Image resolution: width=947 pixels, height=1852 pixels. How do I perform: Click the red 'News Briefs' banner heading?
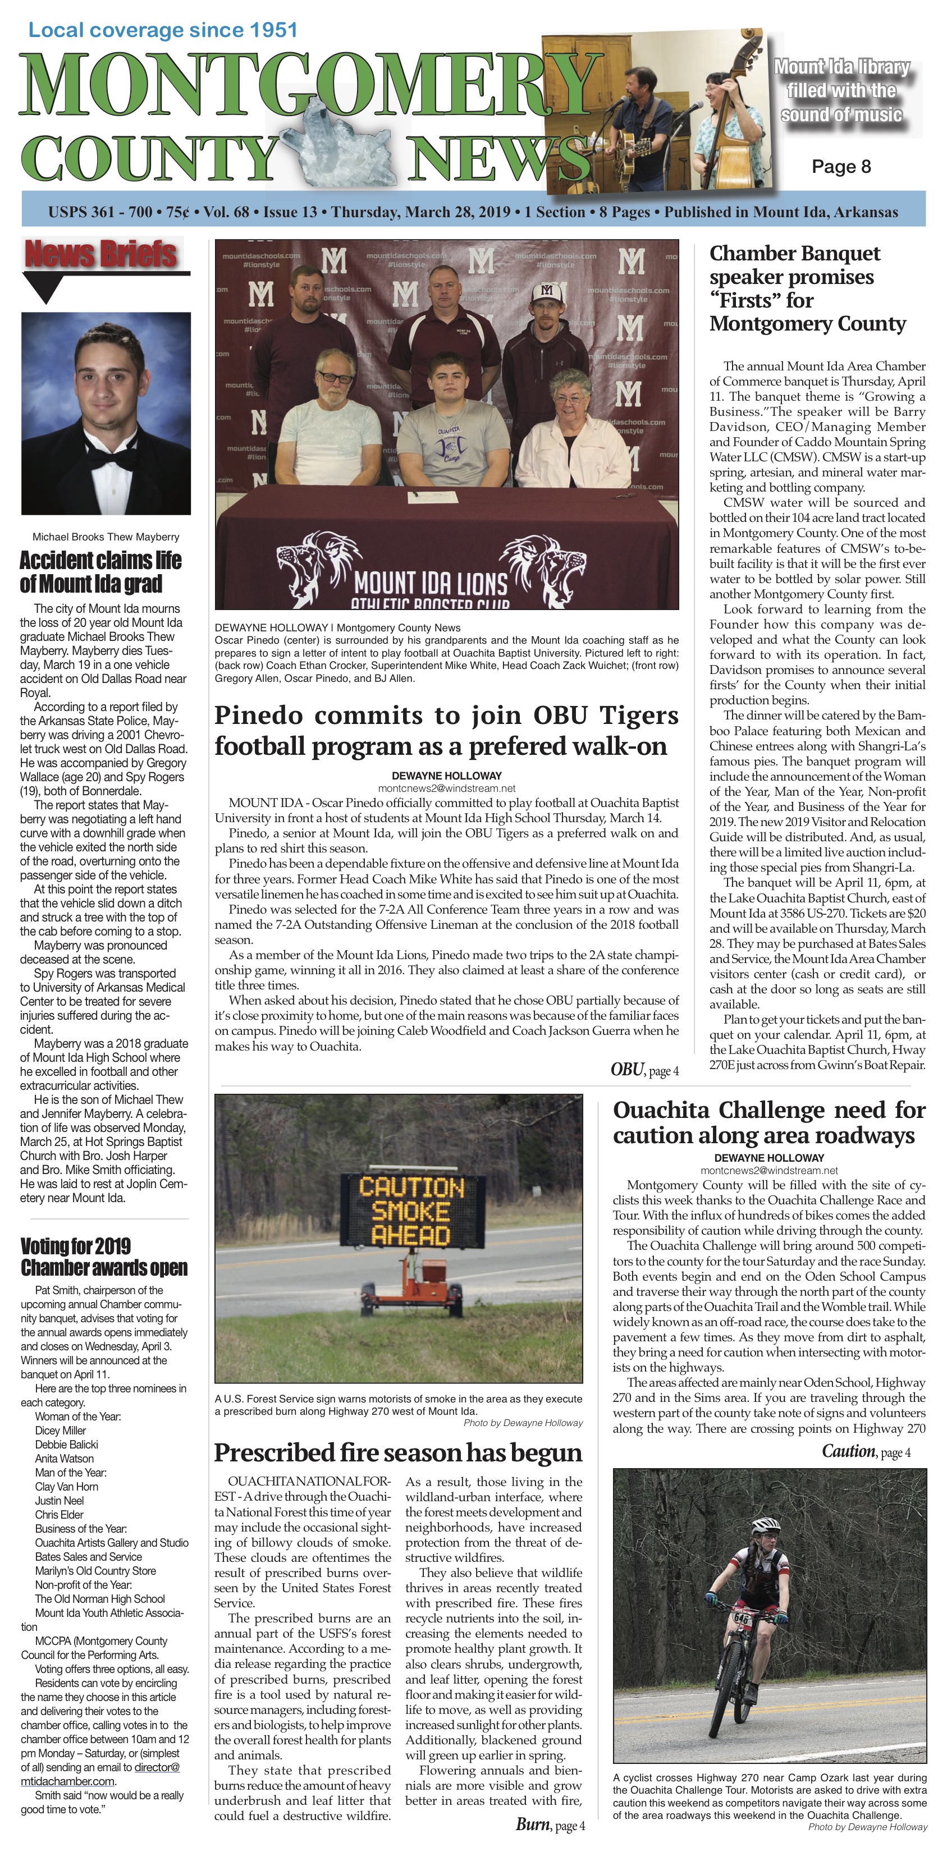click(x=100, y=254)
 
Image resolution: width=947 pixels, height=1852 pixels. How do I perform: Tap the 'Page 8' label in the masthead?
click(x=840, y=167)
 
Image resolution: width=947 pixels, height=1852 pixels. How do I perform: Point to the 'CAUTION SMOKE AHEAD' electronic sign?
click(x=412, y=1212)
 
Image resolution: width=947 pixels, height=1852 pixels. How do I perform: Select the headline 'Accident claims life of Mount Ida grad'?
click(x=100, y=571)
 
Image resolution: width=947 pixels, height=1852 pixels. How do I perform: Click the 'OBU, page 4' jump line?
click(x=644, y=1070)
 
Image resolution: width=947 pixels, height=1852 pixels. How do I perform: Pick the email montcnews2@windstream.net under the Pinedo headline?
click(x=446, y=788)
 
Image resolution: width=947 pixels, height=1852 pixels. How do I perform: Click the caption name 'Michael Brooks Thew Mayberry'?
click(x=106, y=537)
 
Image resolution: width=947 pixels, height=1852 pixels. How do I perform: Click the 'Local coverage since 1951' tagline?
click(x=162, y=30)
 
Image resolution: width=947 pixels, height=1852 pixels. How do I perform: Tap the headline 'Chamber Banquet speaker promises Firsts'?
click(x=807, y=288)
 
